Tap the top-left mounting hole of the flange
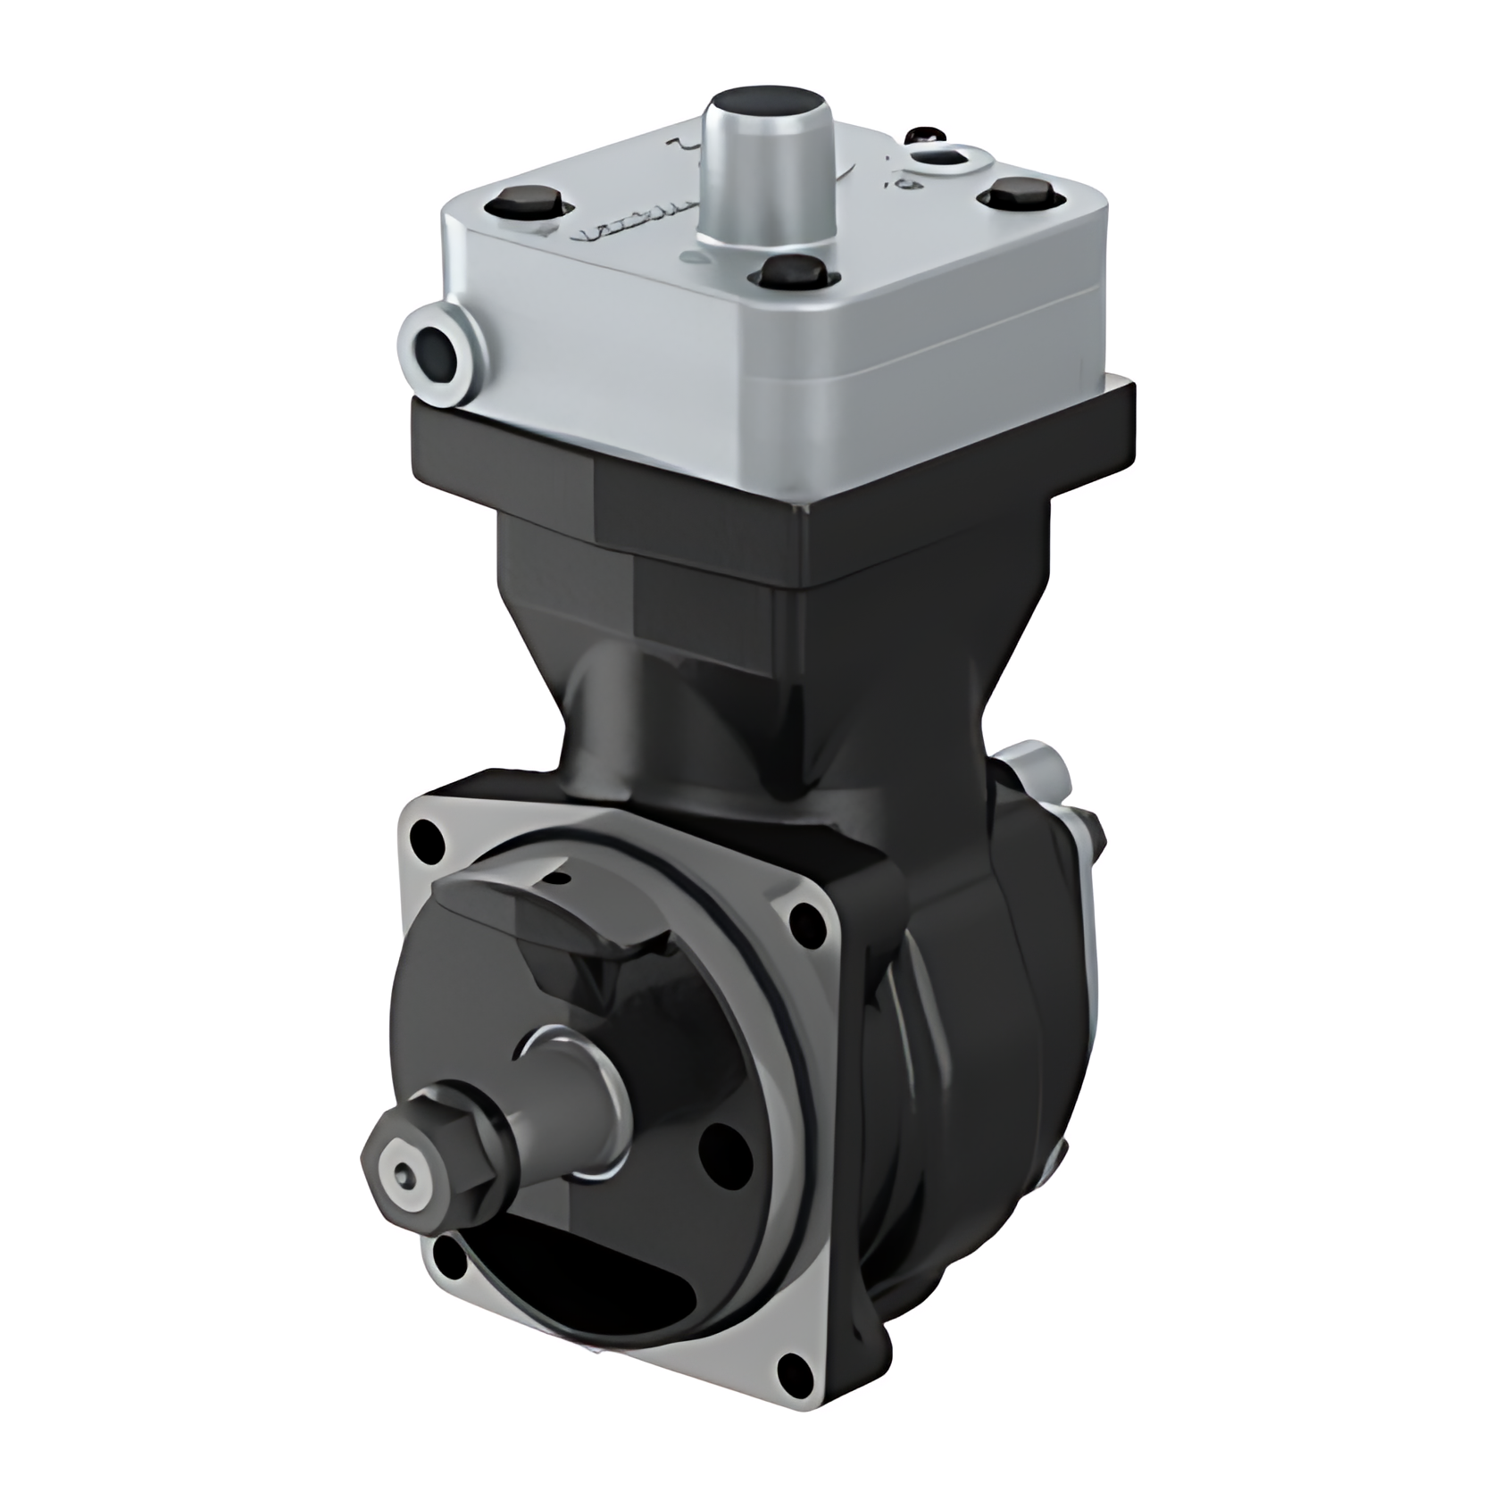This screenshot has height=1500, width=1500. click(424, 837)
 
